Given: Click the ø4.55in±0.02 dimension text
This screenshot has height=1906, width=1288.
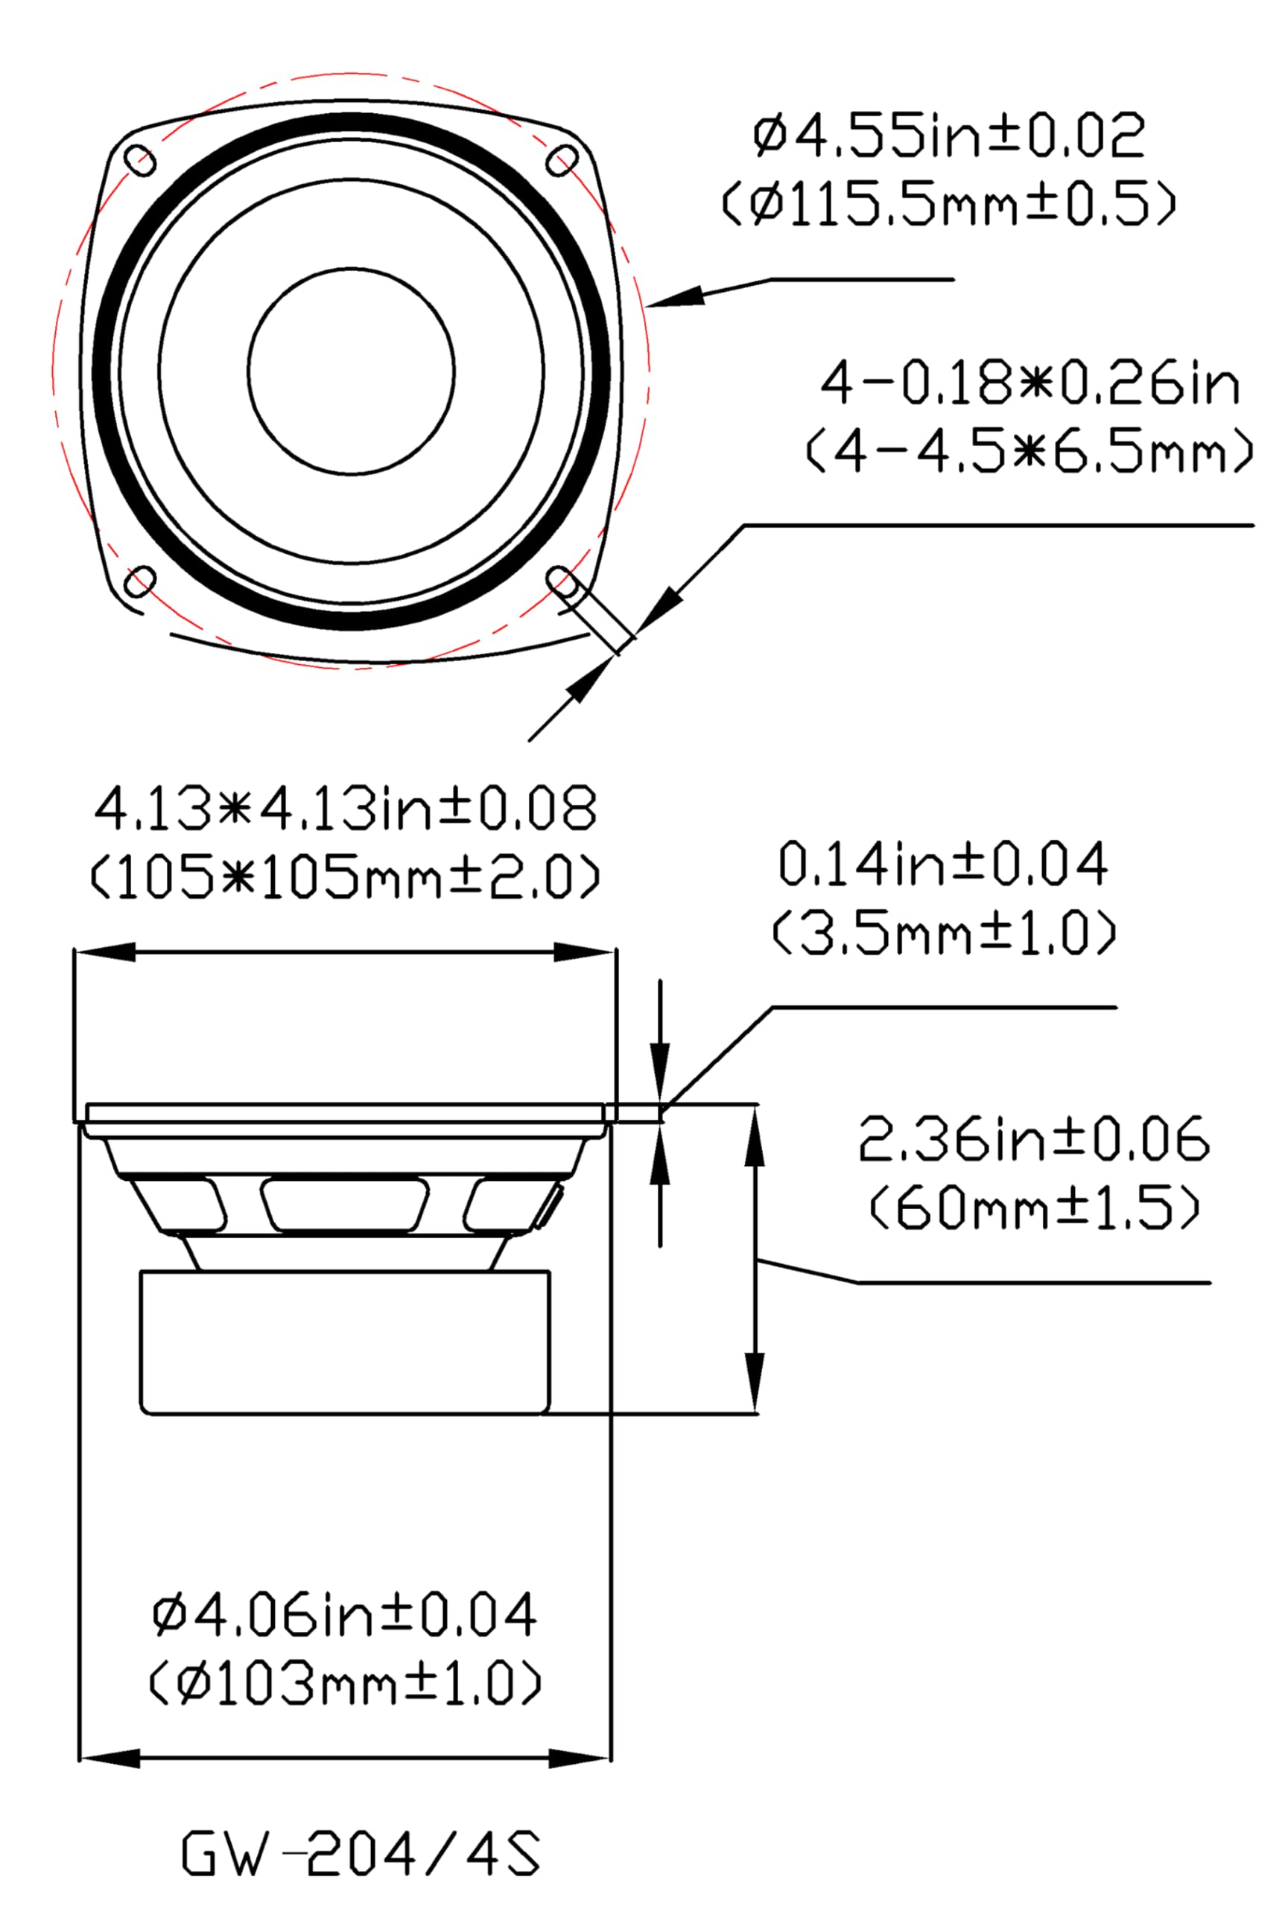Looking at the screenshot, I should tap(948, 136).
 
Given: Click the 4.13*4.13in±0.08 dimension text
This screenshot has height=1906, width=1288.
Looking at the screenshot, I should tap(346, 809).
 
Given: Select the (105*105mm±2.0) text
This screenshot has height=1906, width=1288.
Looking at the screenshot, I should tap(346, 877).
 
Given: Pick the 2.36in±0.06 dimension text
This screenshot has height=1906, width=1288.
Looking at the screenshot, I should tap(1034, 1139).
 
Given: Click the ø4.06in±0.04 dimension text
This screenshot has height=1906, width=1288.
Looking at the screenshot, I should tap(345, 1615).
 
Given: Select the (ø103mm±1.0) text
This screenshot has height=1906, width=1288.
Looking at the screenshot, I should tap(345, 1683).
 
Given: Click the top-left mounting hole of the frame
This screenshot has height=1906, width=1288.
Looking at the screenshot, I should tap(140, 159).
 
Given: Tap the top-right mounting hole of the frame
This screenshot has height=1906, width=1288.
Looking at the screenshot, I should tap(562, 159).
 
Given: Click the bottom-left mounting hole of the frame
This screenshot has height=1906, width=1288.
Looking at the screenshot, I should tap(140, 581).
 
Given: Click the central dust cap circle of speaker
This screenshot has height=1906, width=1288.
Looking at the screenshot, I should tap(351, 371).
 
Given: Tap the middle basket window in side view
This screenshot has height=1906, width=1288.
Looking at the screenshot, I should tap(345, 1205).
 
